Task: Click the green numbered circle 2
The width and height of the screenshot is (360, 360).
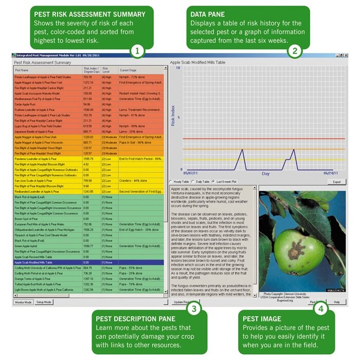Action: point(295,50)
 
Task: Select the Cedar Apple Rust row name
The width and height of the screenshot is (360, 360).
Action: point(26,104)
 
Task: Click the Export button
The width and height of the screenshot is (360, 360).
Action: point(336,182)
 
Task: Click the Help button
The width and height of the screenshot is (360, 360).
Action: point(337,302)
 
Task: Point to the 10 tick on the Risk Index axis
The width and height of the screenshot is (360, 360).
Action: point(177,67)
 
